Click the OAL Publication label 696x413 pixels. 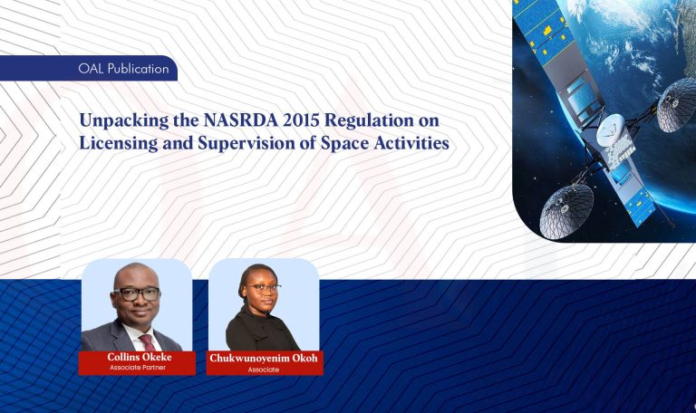coord(124,69)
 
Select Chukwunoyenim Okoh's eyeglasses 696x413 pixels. coord(263,289)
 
